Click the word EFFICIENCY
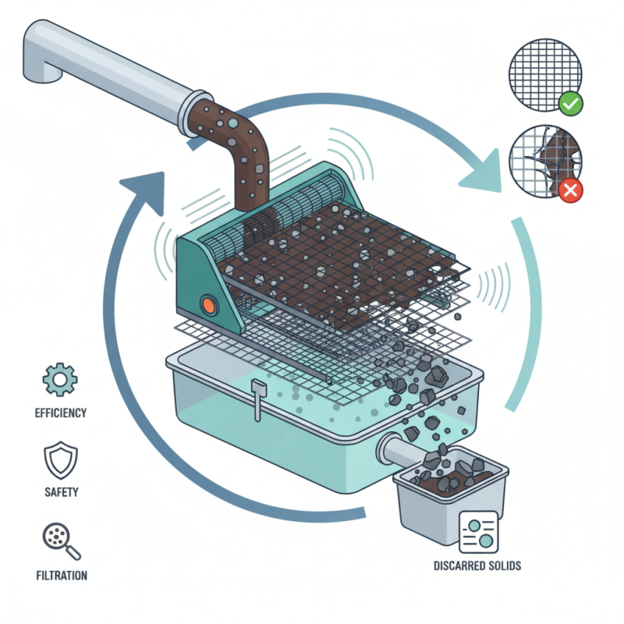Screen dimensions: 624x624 tap(60, 413)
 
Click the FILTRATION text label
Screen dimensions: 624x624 tap(61, 576)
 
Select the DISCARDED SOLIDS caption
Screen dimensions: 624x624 tap(477, 565)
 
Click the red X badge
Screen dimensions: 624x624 tap(570, 189)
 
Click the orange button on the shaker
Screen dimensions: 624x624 tap(209, 304)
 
